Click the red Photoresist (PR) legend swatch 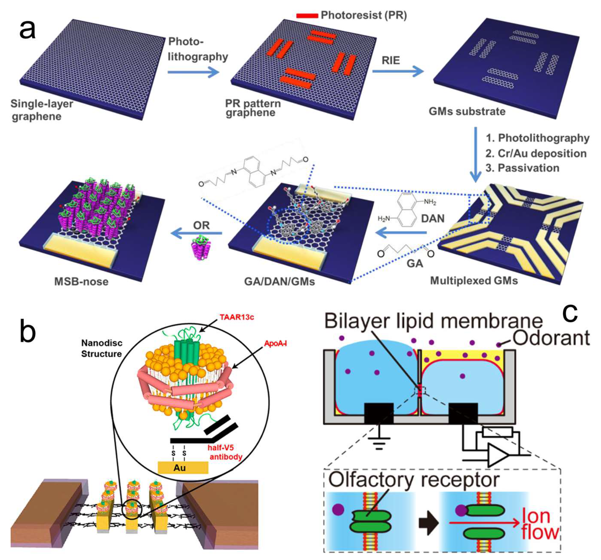point(307,15)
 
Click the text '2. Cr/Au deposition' point(536,153)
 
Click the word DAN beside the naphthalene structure point(433,218)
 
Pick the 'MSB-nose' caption point(81,282)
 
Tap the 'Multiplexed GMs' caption point(474,281)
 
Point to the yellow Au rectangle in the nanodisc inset point(183,468)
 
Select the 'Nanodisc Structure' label point(101,348)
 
